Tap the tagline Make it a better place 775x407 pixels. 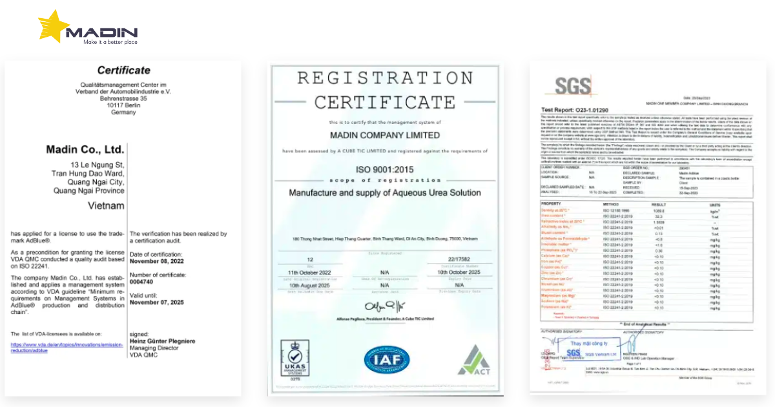pos(110,43)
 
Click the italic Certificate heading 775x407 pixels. pos(123,70)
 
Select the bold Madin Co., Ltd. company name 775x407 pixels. pos(85,150)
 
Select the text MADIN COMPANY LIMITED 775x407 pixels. pos(385,136)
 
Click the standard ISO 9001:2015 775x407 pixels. pos(385,170)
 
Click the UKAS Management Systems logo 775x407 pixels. pos(294,360)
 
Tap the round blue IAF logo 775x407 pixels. pos(386,360)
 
